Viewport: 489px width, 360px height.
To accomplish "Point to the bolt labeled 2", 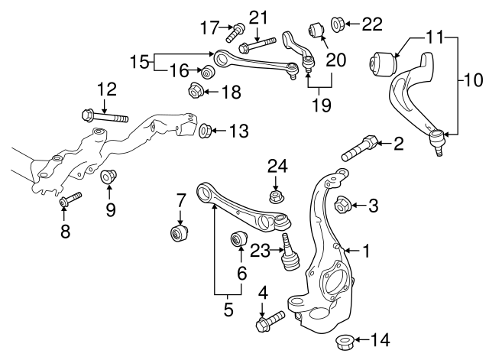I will [359, 148].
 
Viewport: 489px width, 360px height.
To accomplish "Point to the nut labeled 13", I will [206, 131].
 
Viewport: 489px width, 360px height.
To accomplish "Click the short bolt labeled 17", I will [235, 31].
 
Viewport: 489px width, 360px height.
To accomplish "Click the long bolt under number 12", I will [106, 118].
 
